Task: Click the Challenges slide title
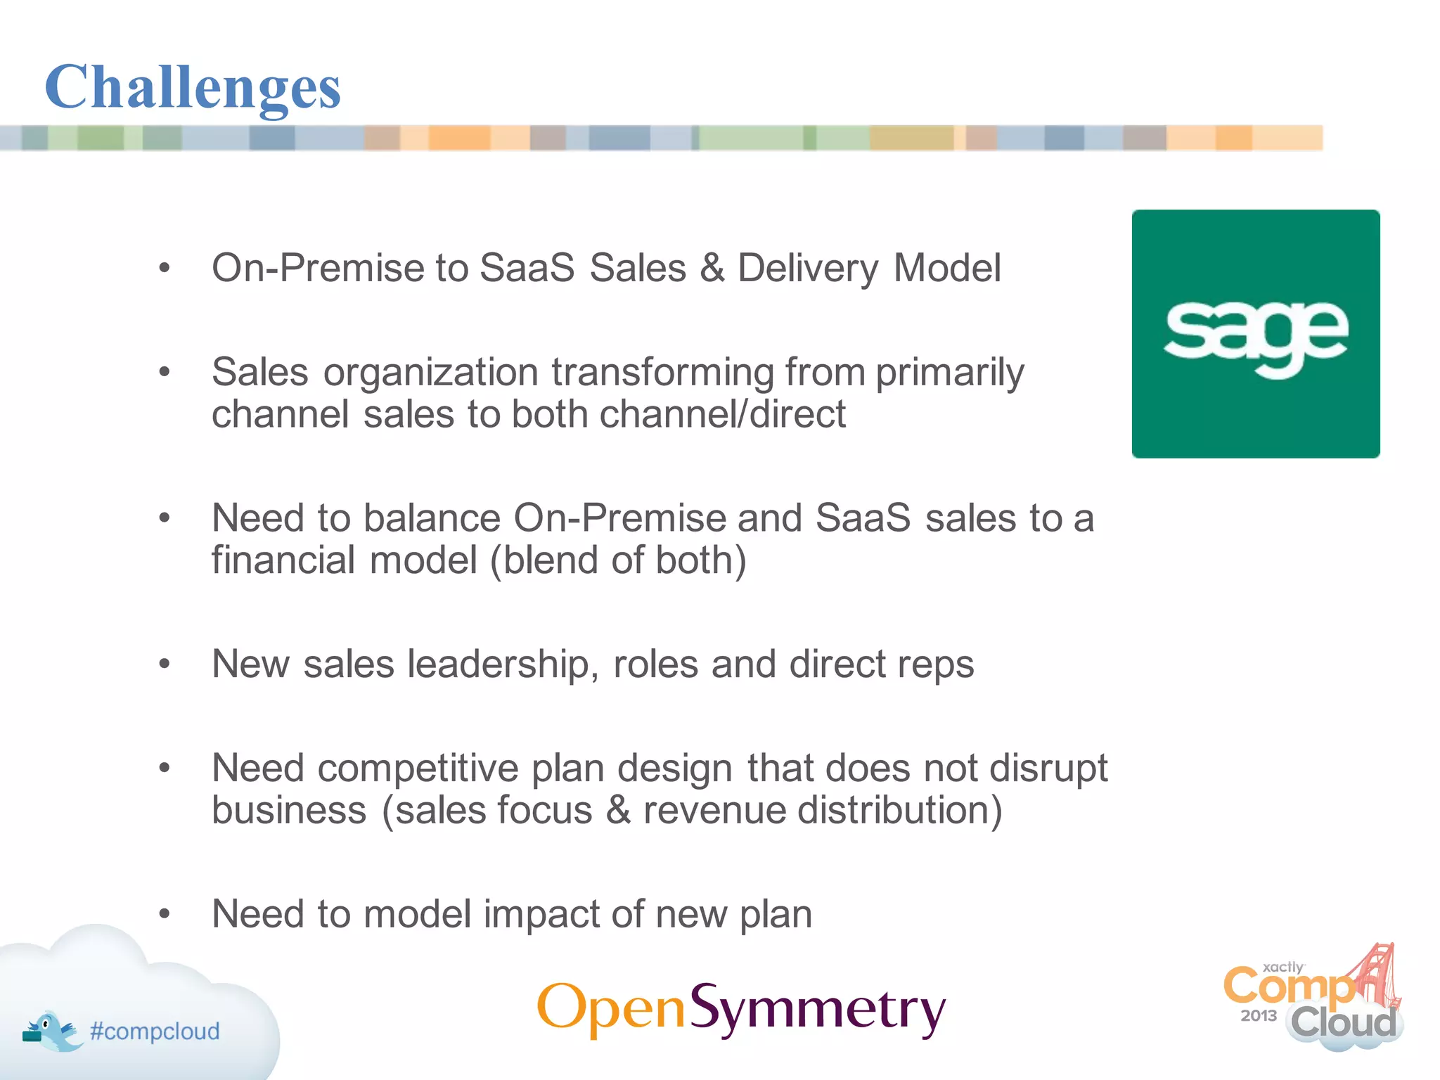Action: point(193,87)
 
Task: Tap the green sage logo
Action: point(1256,334)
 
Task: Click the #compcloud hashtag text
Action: point(155,1031)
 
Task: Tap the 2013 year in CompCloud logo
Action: point(1258,1015)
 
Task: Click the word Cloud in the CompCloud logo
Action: point(1343,1022)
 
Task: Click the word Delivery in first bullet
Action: point(807,269)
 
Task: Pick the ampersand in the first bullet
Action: point(712,269)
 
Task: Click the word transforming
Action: point(662,372)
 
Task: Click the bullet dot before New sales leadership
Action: point(165,664)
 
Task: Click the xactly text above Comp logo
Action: point(1283,967)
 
